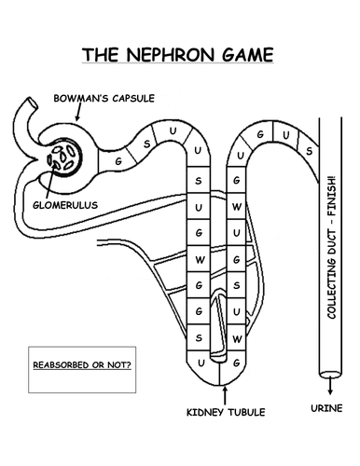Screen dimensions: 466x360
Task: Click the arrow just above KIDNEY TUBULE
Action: pyautogui.click(x=224, y=391)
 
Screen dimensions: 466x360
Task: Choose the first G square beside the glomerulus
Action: pyautogui.click(x=118, y=160)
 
